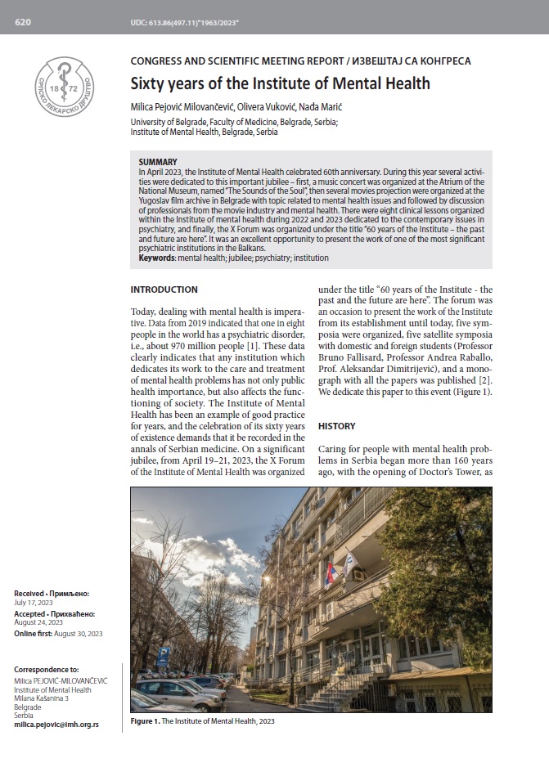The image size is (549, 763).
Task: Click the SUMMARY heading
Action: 158,162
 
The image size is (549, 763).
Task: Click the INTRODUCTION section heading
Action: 164,289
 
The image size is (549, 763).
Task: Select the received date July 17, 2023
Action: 34,601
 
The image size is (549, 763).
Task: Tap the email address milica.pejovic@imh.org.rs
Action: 56,725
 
